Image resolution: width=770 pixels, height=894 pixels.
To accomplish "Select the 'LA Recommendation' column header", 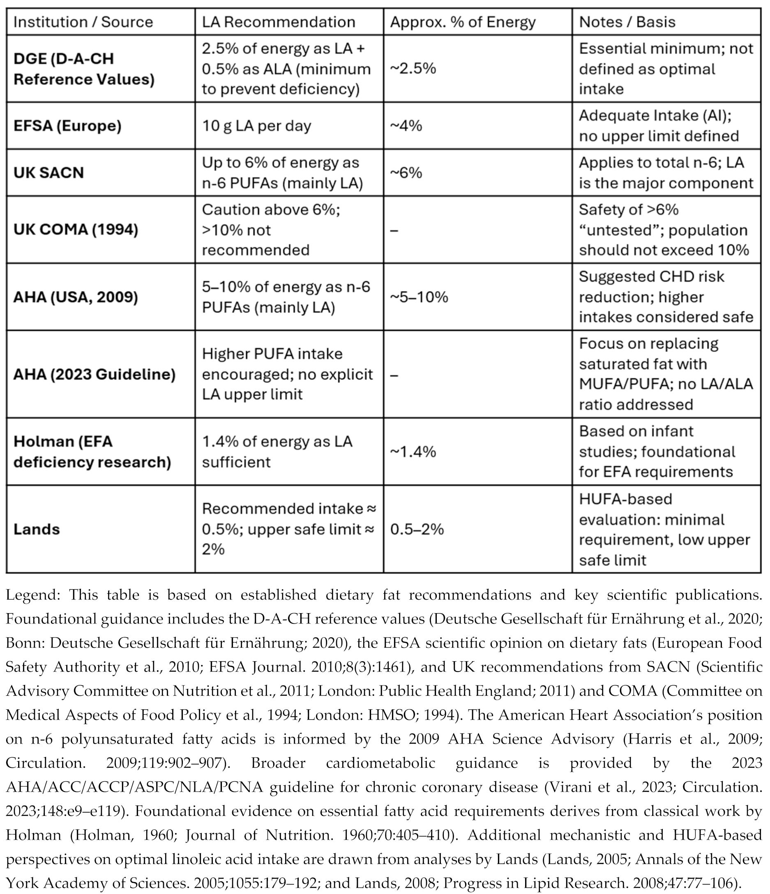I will click(x=279, y=22).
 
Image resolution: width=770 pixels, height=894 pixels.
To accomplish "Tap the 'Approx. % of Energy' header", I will click(x=463, y=22).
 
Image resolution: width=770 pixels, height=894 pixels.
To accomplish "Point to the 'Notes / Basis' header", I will click(x=627, y=22).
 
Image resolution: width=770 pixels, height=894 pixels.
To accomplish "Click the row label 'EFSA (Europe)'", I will click(x=68, y=125).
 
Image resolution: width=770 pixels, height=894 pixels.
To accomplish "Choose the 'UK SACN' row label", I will click(x=49, y=173).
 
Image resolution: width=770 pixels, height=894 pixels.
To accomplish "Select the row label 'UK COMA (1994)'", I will click(x=76, y=229).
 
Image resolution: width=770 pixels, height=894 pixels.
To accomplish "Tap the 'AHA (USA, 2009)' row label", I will click(x=76, y=297).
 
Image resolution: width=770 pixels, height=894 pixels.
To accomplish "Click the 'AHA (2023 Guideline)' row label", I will click(x=95, y=374).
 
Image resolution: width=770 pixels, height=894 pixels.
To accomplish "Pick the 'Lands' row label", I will click(x=37, y=529).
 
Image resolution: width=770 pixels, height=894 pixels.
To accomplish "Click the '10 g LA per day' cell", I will click(x=256, y=125).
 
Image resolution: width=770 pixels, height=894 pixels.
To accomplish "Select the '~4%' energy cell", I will click(x=406, y=125).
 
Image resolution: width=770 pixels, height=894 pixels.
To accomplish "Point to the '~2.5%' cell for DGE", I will click(x=413, y=69).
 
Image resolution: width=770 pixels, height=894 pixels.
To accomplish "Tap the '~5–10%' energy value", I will click(x=419, y=297).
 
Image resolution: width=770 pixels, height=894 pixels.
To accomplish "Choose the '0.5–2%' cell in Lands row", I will click(x=417, y=529).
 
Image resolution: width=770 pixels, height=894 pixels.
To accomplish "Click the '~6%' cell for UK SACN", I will click(x=406, y=173).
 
